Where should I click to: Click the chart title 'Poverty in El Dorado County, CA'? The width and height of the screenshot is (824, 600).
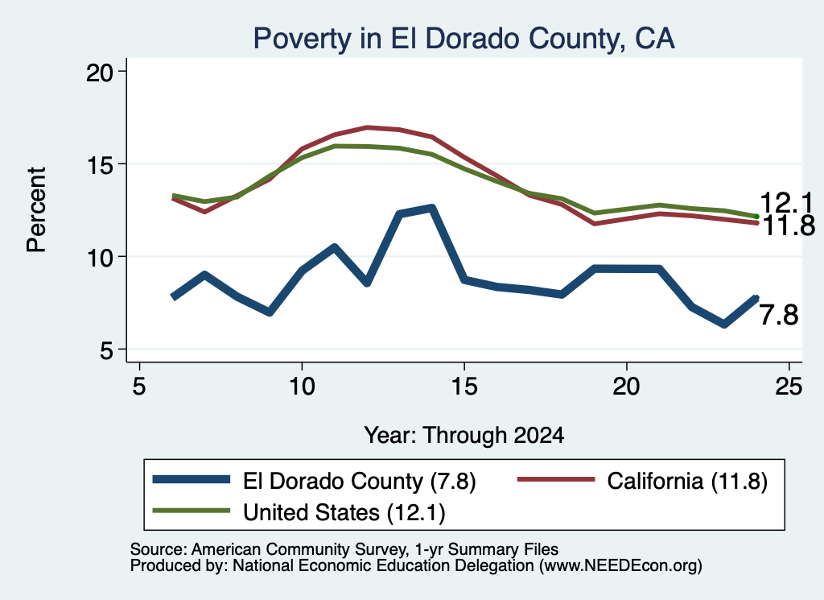[464, 39]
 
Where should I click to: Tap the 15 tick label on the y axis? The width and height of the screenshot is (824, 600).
[100, 164]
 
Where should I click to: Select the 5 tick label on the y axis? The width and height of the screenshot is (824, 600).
[107, 350]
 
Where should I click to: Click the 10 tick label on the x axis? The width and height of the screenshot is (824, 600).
[302, 387]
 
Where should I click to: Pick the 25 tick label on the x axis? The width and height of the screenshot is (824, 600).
[789, 387]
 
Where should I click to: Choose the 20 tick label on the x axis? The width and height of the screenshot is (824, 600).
[626, 387]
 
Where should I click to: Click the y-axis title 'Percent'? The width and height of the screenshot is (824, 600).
[36, 210]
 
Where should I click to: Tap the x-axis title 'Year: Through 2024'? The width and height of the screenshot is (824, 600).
[464, 436]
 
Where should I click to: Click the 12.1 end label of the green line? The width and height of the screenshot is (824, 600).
[786, 202]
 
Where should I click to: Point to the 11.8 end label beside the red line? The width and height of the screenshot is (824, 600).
[787, 226]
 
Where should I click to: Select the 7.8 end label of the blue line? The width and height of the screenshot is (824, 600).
[779, 316]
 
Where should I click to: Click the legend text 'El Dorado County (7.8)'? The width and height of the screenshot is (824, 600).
[360, 481]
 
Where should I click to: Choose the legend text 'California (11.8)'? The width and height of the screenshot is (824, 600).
[687, 481]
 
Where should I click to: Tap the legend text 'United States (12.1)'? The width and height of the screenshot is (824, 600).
[344, 512]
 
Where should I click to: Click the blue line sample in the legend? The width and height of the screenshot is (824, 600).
[192, 479]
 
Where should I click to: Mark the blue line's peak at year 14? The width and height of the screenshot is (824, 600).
[432, 209]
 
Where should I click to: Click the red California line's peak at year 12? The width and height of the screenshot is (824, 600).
[367, 127]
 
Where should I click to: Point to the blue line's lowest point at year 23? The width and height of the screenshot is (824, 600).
[724, 324]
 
